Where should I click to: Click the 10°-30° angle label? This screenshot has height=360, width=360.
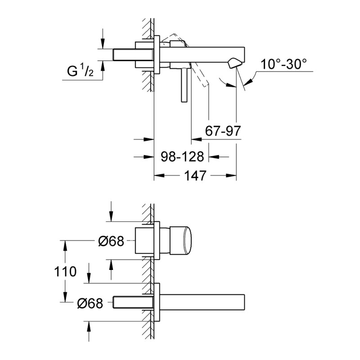pyautogui.click(x=285, y=64)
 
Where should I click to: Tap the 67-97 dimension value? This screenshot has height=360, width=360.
pyautogui.click(x=223, y=131)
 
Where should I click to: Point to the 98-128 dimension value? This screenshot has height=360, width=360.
pyautogui.click(x=182, y=157)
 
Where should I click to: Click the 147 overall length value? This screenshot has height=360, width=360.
pyautogui.click(x=195, y=175)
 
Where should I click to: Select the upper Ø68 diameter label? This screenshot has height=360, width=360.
pyautogui.click(x=111, y=242)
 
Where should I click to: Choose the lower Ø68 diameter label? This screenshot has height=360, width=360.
pyautogui.click(x=90, y=303)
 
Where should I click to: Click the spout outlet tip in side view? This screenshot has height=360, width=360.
pyautogui.click(x=234, y=64)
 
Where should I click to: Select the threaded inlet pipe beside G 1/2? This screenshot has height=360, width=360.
pyautogui.click(x=124, y=54)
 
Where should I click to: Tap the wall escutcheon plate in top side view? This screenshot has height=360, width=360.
pyautogui.click(x=157, y=54)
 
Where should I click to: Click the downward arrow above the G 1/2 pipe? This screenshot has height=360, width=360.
pyautogui.click(x=103, y=43)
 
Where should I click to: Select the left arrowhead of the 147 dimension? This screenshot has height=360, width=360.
pyautogui.click(x=157, y=175)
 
